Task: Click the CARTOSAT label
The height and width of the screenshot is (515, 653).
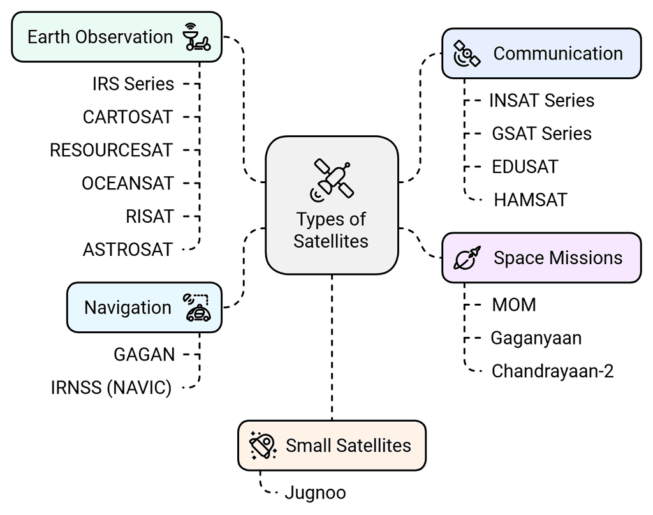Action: coord(128,117)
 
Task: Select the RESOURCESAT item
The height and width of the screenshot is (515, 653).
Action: coord(111,150)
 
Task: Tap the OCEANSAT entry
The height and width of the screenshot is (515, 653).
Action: coord(128,183)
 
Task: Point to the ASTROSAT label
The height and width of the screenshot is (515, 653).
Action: coord(128,250)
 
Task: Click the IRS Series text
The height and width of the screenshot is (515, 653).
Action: coord(133,84)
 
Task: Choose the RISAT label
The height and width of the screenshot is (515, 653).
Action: coord(149,216)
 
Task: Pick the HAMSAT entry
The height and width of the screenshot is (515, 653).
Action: coord(531,200)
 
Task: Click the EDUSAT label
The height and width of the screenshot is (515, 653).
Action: coord(525,167)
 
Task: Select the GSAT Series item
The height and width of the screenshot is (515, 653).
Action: coord(541,133)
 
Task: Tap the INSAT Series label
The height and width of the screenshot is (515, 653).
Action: coord(541,100)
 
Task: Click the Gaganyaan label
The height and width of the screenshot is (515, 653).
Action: coord(536,338)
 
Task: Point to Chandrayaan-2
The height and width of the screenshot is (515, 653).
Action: coord(552,371)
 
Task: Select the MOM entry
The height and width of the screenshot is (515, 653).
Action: coord(514,304)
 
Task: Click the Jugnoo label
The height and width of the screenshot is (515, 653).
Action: coord(315,493)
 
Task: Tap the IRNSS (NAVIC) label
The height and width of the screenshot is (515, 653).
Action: coord(111,387)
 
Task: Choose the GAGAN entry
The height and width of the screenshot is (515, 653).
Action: coord(144,354)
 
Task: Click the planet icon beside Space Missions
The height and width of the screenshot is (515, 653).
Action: coord(467,258)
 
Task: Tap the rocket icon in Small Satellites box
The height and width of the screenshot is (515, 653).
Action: coord(263,445)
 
